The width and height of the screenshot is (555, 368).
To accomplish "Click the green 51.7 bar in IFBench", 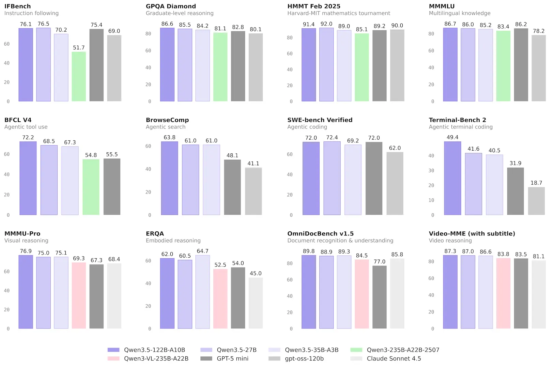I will [79, 76].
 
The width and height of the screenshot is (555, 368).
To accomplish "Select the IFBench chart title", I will [17, 6].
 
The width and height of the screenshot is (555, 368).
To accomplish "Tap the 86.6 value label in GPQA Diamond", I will [167, 24].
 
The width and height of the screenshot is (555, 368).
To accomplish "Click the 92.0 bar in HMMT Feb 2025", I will [326, 65].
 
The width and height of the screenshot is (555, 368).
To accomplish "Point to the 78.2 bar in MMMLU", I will [539, 68].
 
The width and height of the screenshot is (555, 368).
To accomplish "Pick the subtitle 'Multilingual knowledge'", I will [460, 13].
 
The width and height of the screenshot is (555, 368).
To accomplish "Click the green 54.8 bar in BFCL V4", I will [91, 187].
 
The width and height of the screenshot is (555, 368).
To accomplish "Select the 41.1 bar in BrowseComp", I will [253, 191].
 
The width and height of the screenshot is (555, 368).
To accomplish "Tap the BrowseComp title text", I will [167, 120].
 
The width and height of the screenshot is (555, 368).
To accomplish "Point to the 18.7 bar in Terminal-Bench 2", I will [536, 201].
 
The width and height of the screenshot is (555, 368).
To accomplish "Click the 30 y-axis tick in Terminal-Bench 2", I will [431, 170].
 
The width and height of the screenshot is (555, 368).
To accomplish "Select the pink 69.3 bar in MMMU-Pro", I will [79, 295].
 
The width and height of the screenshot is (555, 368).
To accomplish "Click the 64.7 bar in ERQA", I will [203, 292].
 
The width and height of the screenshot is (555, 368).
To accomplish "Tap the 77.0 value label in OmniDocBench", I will [380, 262].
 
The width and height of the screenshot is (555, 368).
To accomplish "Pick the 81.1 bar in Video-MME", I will [539, 294].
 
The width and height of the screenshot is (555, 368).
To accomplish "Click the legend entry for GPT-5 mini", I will [233, 358].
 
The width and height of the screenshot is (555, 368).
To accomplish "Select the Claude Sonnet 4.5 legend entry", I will [394, 358].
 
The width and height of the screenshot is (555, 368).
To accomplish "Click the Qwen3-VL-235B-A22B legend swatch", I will [113, 358].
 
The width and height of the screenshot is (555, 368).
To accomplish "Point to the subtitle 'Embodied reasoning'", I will [173, 241].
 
